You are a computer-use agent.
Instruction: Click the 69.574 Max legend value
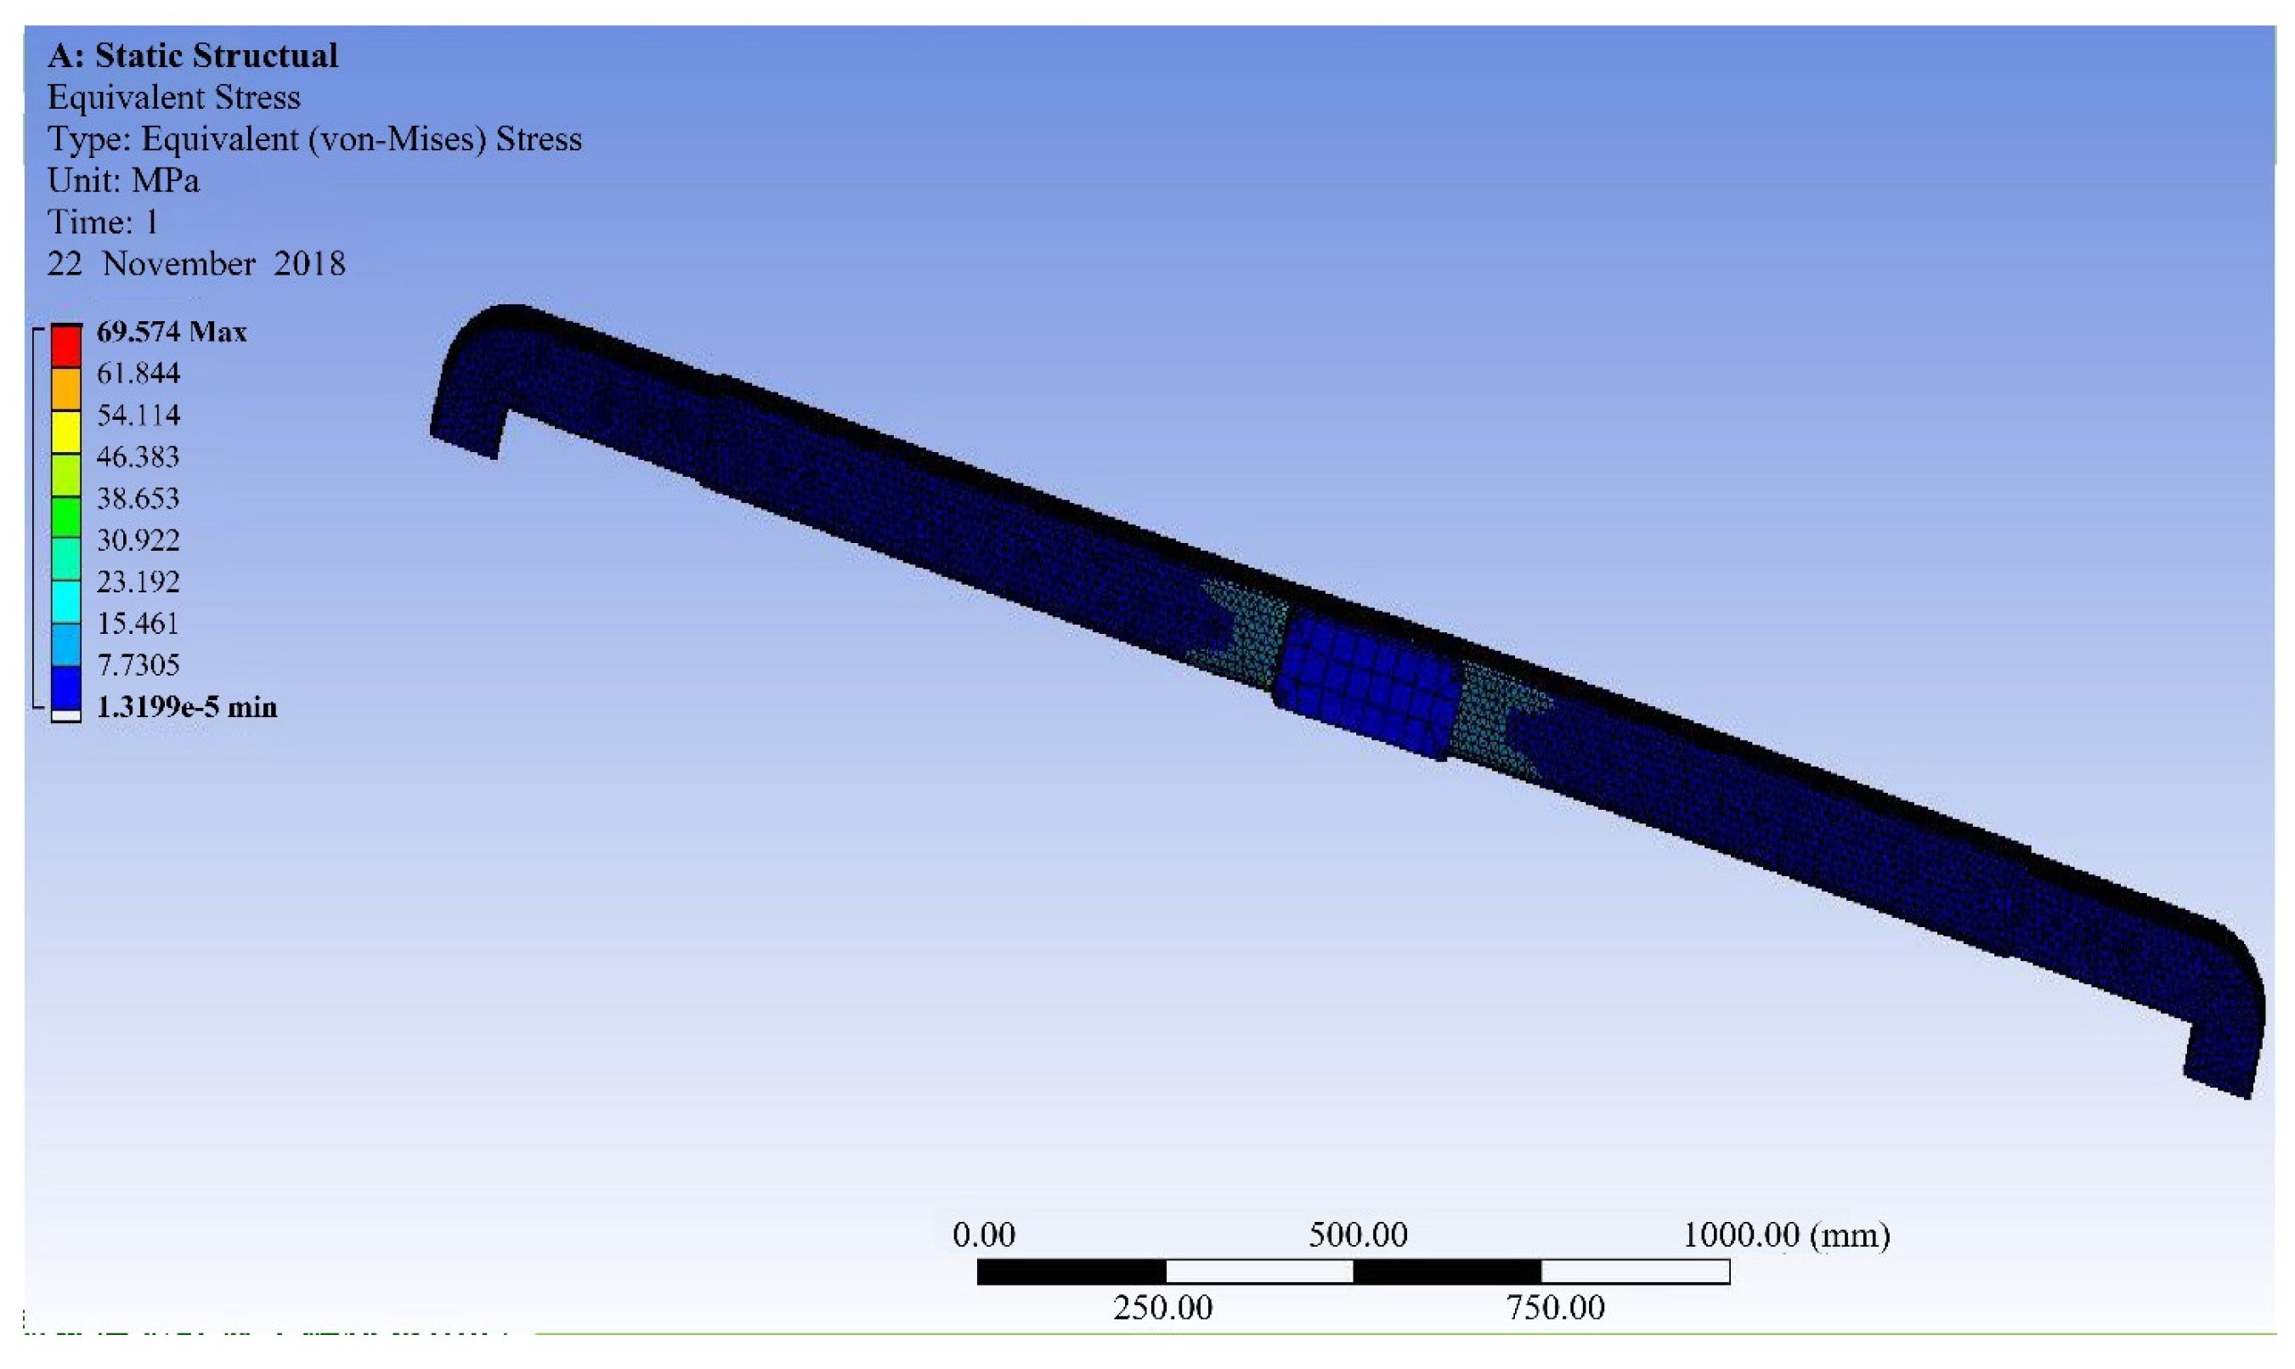[x=172, y=332]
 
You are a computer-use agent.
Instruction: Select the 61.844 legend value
[x=138, y=374]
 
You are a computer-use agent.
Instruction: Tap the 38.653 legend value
[x=138, y=498]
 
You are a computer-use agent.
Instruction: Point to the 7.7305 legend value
[x=138, y=665]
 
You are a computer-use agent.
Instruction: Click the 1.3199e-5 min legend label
[x=186, y=708]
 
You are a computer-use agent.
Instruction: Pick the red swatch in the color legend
[x=65, y=346]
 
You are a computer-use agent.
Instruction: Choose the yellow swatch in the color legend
[x=65, y=432]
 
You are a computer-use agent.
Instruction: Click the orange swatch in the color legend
[x=65, y=389]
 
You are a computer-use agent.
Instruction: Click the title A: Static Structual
[x=193, y=55]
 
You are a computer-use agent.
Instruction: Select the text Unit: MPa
[x=122, y=180]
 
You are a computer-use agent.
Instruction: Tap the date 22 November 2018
[x=195, y=263]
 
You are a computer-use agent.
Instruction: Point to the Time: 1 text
[x=103, y=223]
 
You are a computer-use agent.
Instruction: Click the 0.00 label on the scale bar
[x=983, y=1236]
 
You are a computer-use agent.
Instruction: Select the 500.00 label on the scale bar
[x=1358, y=1236]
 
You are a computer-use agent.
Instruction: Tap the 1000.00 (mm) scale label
[x=1786, y=1236]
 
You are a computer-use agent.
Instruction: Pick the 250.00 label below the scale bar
[x=1162, y=1308]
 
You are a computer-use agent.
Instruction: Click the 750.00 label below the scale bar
[x=1555, y=1308]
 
